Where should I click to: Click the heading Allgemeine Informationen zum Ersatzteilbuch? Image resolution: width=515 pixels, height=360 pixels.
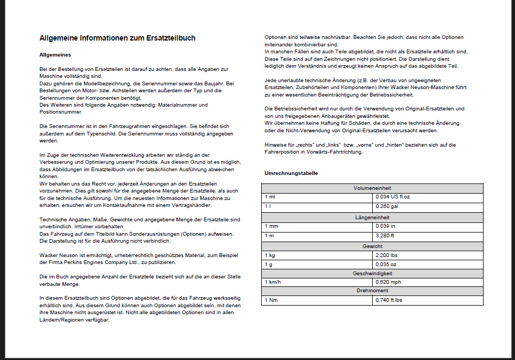point(117,38)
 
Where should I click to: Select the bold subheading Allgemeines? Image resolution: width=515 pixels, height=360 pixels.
point(55,54)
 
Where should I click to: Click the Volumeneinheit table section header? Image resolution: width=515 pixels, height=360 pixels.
point(372,189)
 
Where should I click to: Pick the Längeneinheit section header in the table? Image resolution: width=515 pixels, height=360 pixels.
point(372,218)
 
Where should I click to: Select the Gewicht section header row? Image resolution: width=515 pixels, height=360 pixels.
point(372,246)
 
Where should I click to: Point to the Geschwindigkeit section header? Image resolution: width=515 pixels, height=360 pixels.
point(372,273)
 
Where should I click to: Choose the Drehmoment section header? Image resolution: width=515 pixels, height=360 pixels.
point(372,291)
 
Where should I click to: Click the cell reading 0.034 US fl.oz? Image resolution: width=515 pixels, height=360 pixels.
point(393,197)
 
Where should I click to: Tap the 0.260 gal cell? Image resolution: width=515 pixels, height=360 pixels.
point(387,206)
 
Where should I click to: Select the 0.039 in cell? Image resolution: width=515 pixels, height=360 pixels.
point(385,226)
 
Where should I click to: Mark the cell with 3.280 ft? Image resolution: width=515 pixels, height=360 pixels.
point(385,235)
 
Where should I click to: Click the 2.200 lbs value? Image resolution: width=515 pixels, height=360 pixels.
point(387,255)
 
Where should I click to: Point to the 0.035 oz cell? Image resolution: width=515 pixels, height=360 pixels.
point(386,265)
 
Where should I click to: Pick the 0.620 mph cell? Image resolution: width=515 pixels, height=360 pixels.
point(388,282)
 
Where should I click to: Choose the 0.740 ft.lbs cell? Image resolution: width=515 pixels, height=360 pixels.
point(389,301)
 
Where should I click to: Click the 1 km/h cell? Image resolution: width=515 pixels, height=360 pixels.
point(273,282)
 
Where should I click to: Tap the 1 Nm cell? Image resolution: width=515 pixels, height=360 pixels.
point(271,301)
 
